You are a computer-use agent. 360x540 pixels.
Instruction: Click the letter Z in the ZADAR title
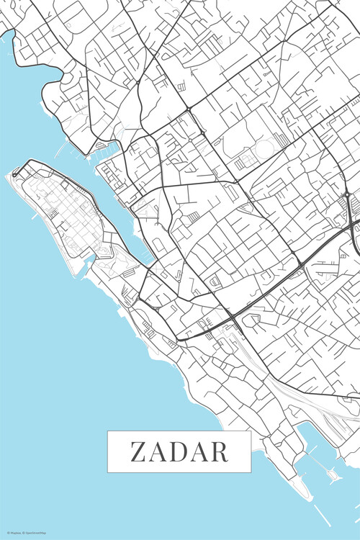[x=138, y=451]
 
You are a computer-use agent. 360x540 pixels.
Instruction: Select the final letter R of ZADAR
[x=220, y=451]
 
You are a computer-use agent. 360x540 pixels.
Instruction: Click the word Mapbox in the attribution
[x=14, y=534]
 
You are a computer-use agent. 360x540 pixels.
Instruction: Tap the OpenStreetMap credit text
[x=34, y=534]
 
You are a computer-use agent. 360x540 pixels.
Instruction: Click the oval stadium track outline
[x=265, y=149]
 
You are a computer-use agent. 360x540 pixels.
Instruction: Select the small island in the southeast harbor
[x=332, y=474]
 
